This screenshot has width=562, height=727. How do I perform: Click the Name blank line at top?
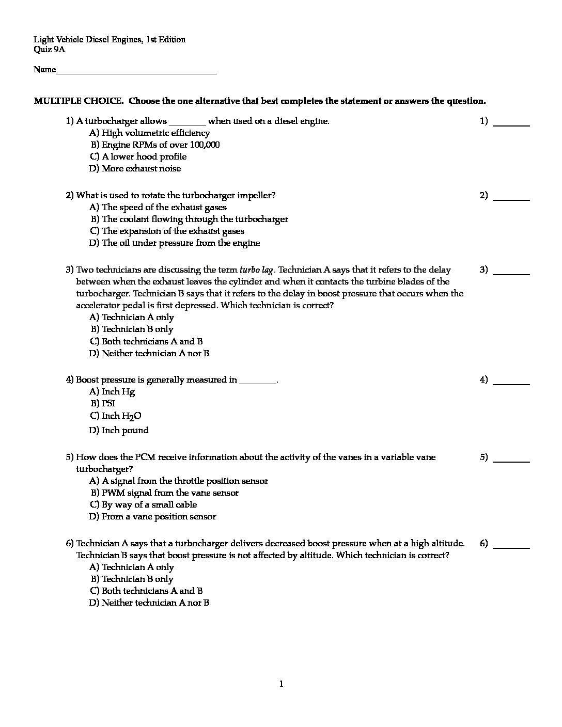[136, 73]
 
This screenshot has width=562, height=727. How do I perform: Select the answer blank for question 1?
[511, 125]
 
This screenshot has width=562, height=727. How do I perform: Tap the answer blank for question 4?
[511, 384]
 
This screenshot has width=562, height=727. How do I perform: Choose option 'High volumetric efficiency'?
[148, 133]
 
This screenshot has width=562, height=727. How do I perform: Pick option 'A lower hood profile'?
[144, 157]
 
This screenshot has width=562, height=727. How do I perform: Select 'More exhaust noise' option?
[141, 169]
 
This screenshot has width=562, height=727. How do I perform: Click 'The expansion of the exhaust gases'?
[173, 231]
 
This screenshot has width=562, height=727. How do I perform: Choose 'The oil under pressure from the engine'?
[180, 243]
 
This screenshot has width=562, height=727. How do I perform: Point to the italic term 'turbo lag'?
[257, 270]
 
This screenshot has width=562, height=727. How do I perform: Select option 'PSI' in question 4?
[108, 404]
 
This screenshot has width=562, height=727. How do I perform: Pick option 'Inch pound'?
[125, 431]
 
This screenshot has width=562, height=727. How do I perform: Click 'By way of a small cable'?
[149, 505]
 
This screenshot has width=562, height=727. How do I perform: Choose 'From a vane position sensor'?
[159, 517]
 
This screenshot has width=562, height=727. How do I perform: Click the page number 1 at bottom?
[281, 685]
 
